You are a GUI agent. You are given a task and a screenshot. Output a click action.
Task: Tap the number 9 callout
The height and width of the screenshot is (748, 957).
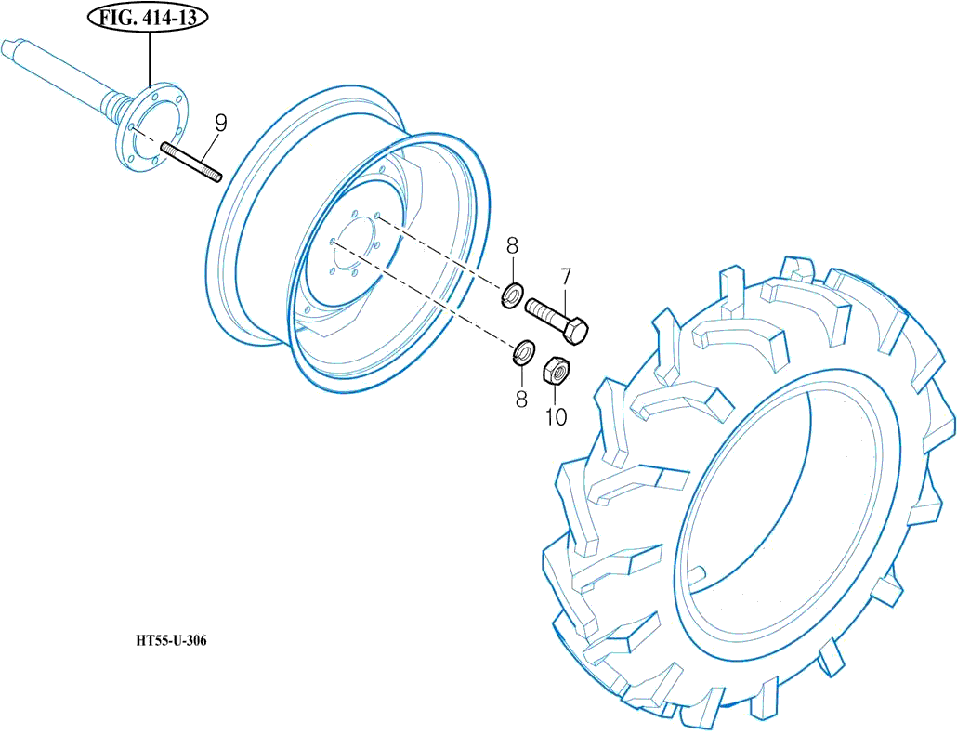click(x=221, y=123)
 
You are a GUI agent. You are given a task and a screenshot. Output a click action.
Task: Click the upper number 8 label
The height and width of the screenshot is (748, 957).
click(x=512, y=247)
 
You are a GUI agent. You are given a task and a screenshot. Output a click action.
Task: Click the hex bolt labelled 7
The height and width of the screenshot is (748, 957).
click(x=557, y=319)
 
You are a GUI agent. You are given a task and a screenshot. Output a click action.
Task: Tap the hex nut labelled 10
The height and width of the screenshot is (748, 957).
click(x=556, y=370)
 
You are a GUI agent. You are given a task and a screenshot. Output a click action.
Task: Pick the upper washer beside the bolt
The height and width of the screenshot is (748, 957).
click(x=511, y=296)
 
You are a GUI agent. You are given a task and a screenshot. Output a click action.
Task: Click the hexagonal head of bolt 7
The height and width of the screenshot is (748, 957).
click(x=576, y=331)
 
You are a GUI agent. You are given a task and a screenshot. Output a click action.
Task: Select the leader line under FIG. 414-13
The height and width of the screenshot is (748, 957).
click(x=149, y=60)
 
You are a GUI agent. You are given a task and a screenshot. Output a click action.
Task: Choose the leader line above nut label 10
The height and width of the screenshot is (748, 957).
click(x=556, y=394)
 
